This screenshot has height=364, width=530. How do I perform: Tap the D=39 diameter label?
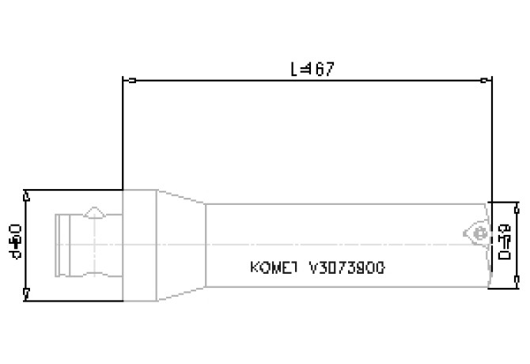point(504,243)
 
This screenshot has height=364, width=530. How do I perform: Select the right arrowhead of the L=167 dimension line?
point(486,80)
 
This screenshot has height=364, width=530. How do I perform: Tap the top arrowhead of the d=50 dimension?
point(27,195)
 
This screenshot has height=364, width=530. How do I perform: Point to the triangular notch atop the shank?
point(94,212)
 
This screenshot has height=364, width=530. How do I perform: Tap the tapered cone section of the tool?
point(182,245)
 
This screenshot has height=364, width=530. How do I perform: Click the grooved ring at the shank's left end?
point(62,245)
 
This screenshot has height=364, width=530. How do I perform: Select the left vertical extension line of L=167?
point(123,135)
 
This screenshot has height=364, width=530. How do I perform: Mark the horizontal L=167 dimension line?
point(237,80)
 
